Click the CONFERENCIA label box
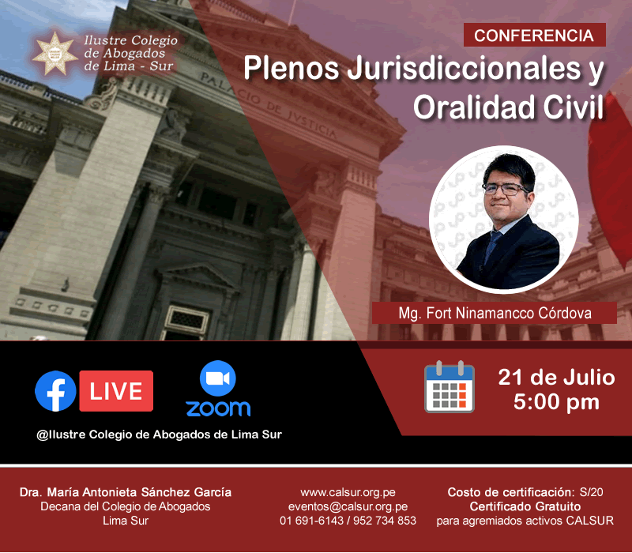pos(535,35)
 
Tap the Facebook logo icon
pos(55,391)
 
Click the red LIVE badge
pos(116,391)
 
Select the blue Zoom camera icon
pos(218,378)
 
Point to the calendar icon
pos(450,387)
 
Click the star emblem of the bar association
pos(55,54)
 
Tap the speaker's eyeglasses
pos(506,189)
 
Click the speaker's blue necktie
pos(491,246)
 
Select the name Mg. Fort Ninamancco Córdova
pos(495,313)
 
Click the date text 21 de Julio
pos(556,378)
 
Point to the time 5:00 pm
pos(556,402)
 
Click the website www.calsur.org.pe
pos(348,492)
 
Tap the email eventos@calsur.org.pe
pos(348,506)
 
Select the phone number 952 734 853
pos(385,521)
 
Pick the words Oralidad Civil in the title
pos(509,107)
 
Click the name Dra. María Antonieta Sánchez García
pos(126,492)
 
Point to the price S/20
pos(591,492)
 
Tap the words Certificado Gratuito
pos(525,506)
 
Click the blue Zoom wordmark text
pos(218,408)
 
